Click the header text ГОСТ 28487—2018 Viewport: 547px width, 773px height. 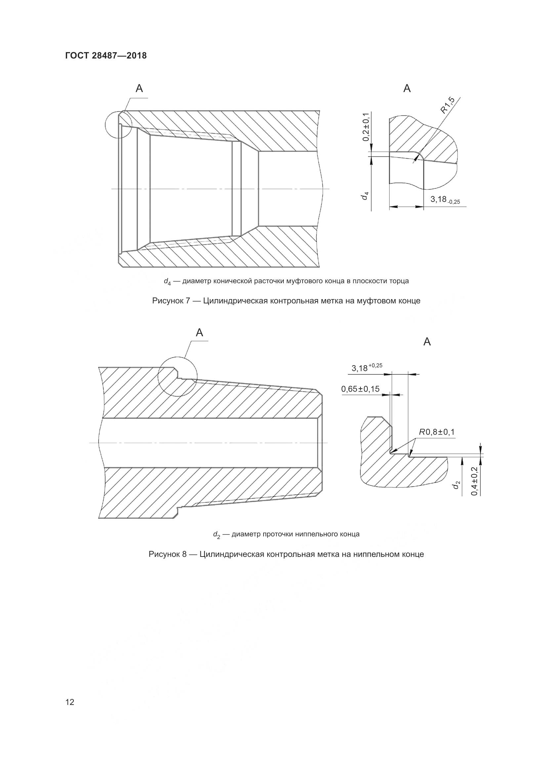[x=106, y=56]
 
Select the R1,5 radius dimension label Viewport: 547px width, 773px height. [x=447, y=106]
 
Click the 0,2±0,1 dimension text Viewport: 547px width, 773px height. [x=365, y=128]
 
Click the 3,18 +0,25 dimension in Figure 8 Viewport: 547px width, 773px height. [x=366, y=367]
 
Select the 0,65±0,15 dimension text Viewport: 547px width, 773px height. [x=360, y=389]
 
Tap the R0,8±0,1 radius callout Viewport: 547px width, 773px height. [x=437, y=432]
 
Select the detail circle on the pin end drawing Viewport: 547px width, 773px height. [x=178, y=376]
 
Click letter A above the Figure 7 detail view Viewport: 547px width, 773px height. [x=407, y=89]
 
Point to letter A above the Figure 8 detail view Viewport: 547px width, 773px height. [x=427, y=342]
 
